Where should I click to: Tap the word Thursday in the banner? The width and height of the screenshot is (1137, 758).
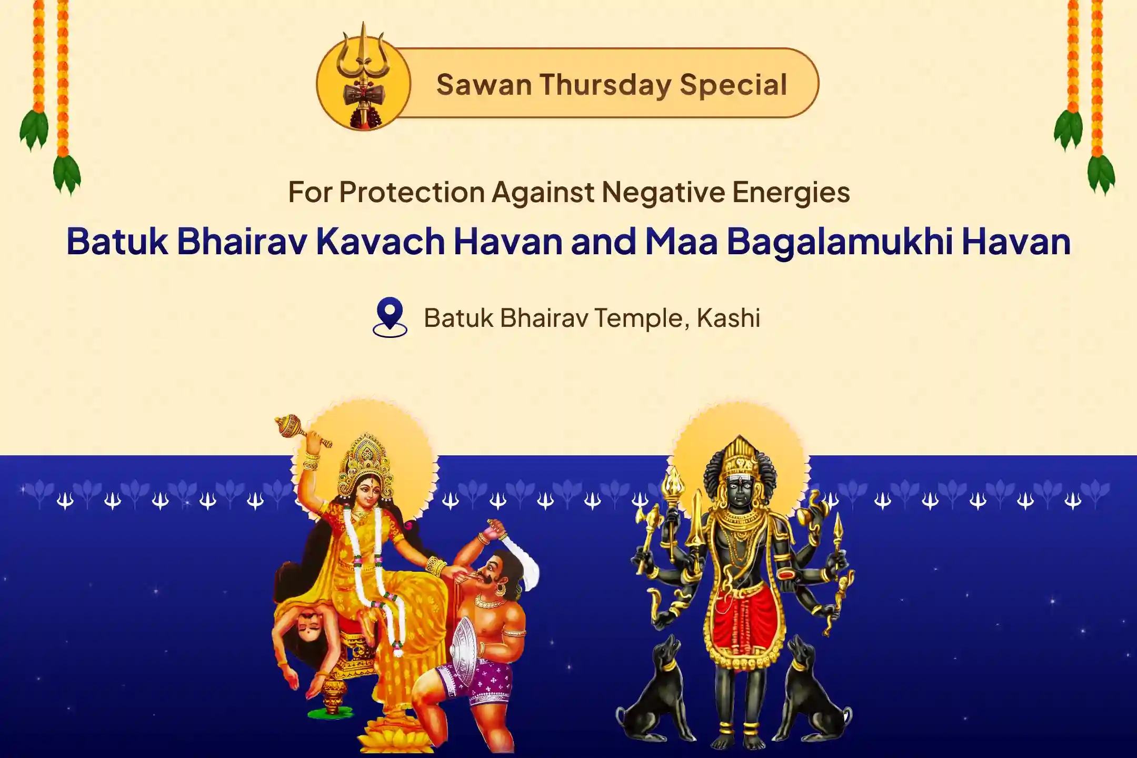(605, 85)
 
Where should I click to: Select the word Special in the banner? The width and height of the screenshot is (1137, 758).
(733, 85)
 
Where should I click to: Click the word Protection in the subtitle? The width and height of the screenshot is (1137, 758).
(412, 192)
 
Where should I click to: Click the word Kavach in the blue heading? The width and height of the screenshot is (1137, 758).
(380, 242)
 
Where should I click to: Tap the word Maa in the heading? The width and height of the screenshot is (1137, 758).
(681, 242)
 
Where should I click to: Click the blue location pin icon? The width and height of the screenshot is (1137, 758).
(390, 317)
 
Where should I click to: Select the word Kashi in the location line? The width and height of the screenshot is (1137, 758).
(729, 318)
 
